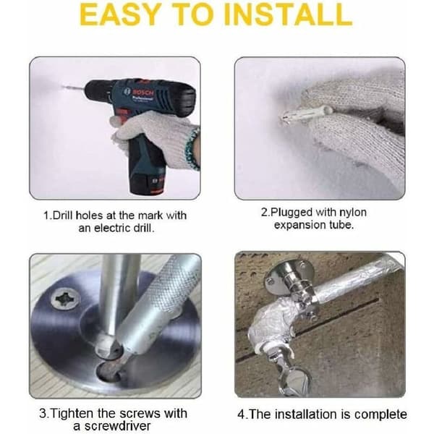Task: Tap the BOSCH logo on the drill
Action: pyautogui.click(x=143, y=92)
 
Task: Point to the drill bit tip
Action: pyautogui.click(x=63, y=87)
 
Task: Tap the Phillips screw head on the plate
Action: pyautogui.click(x=66, y=299)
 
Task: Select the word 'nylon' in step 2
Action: pyautogui.click(x=353, y=213)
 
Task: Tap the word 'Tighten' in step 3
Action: pyautogui.click(x=72, y=414)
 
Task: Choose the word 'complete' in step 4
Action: pyautogui.click(x=380, y=414)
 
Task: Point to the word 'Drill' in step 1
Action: pyautogui.click(x=63, y=216)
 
